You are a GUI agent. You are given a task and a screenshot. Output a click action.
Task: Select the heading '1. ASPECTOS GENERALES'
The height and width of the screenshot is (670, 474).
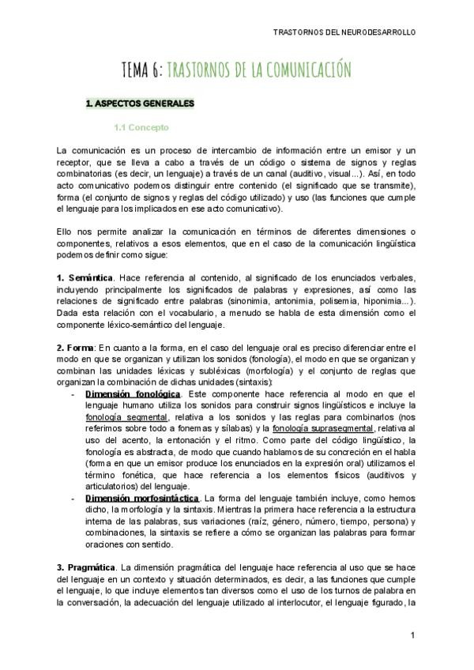[x=139, y=104]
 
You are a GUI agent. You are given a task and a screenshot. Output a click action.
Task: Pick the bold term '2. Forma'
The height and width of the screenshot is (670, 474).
[x=75, y=348]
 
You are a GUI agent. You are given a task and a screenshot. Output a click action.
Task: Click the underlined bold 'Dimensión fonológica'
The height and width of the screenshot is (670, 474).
[x=133, y=393]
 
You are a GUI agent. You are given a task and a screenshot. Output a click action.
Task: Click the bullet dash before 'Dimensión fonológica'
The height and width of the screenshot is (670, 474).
[x=73, y=393]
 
